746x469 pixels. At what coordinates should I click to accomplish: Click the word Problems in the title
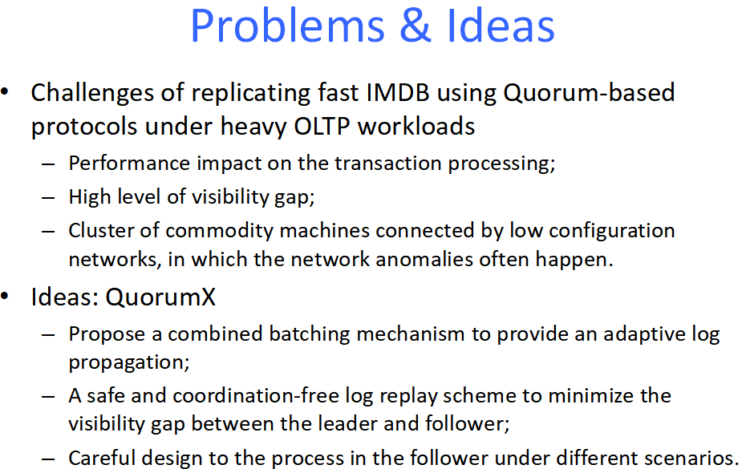click(287, 26)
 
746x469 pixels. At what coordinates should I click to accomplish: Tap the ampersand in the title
click(415, 26)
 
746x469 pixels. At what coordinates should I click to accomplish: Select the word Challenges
click(92, 94)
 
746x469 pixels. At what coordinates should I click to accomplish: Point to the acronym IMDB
click(398, 93)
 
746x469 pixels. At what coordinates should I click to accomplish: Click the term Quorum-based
click(589, 93)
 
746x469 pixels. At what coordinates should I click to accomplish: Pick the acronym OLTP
click(322, 127)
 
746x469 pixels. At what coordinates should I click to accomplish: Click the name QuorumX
click(160, 297)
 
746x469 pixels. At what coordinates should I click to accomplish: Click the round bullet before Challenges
click(5, 92)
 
